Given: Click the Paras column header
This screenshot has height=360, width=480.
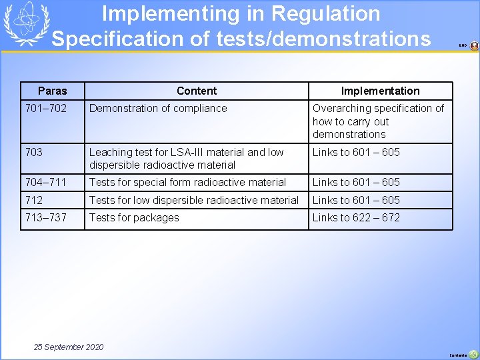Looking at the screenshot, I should (53, 91).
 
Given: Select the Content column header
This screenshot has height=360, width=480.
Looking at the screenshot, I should (197, 91).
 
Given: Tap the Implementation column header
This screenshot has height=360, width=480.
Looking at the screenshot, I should (380, 91).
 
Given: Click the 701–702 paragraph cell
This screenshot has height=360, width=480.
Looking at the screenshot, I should (45, 108).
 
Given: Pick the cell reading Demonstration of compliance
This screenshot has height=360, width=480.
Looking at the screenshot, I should (158, 108).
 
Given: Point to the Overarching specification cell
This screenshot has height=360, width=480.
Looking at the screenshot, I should (378, 121).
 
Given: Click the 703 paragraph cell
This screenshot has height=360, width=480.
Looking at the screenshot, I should (34, 152).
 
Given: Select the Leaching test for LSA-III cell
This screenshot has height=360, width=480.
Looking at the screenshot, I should (187, 158).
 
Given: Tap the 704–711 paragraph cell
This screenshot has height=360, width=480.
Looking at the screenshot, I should (45, 182).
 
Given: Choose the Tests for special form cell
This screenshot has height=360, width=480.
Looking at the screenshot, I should (187, 182).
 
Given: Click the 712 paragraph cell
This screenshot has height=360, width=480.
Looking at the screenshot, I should (34, 200).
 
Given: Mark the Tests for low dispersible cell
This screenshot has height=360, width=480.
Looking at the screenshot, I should (194, 200).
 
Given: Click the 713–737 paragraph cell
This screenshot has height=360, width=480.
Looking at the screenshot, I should (45, 217).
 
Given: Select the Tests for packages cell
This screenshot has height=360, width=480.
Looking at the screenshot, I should (134, 217).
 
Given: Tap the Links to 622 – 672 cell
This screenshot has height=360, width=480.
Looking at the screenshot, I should (356, 217).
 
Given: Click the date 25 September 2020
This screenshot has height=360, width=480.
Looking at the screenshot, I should (69, 347).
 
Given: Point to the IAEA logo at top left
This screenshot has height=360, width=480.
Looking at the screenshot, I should (23, 23).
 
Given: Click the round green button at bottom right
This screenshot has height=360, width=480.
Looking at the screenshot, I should (473, 354).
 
